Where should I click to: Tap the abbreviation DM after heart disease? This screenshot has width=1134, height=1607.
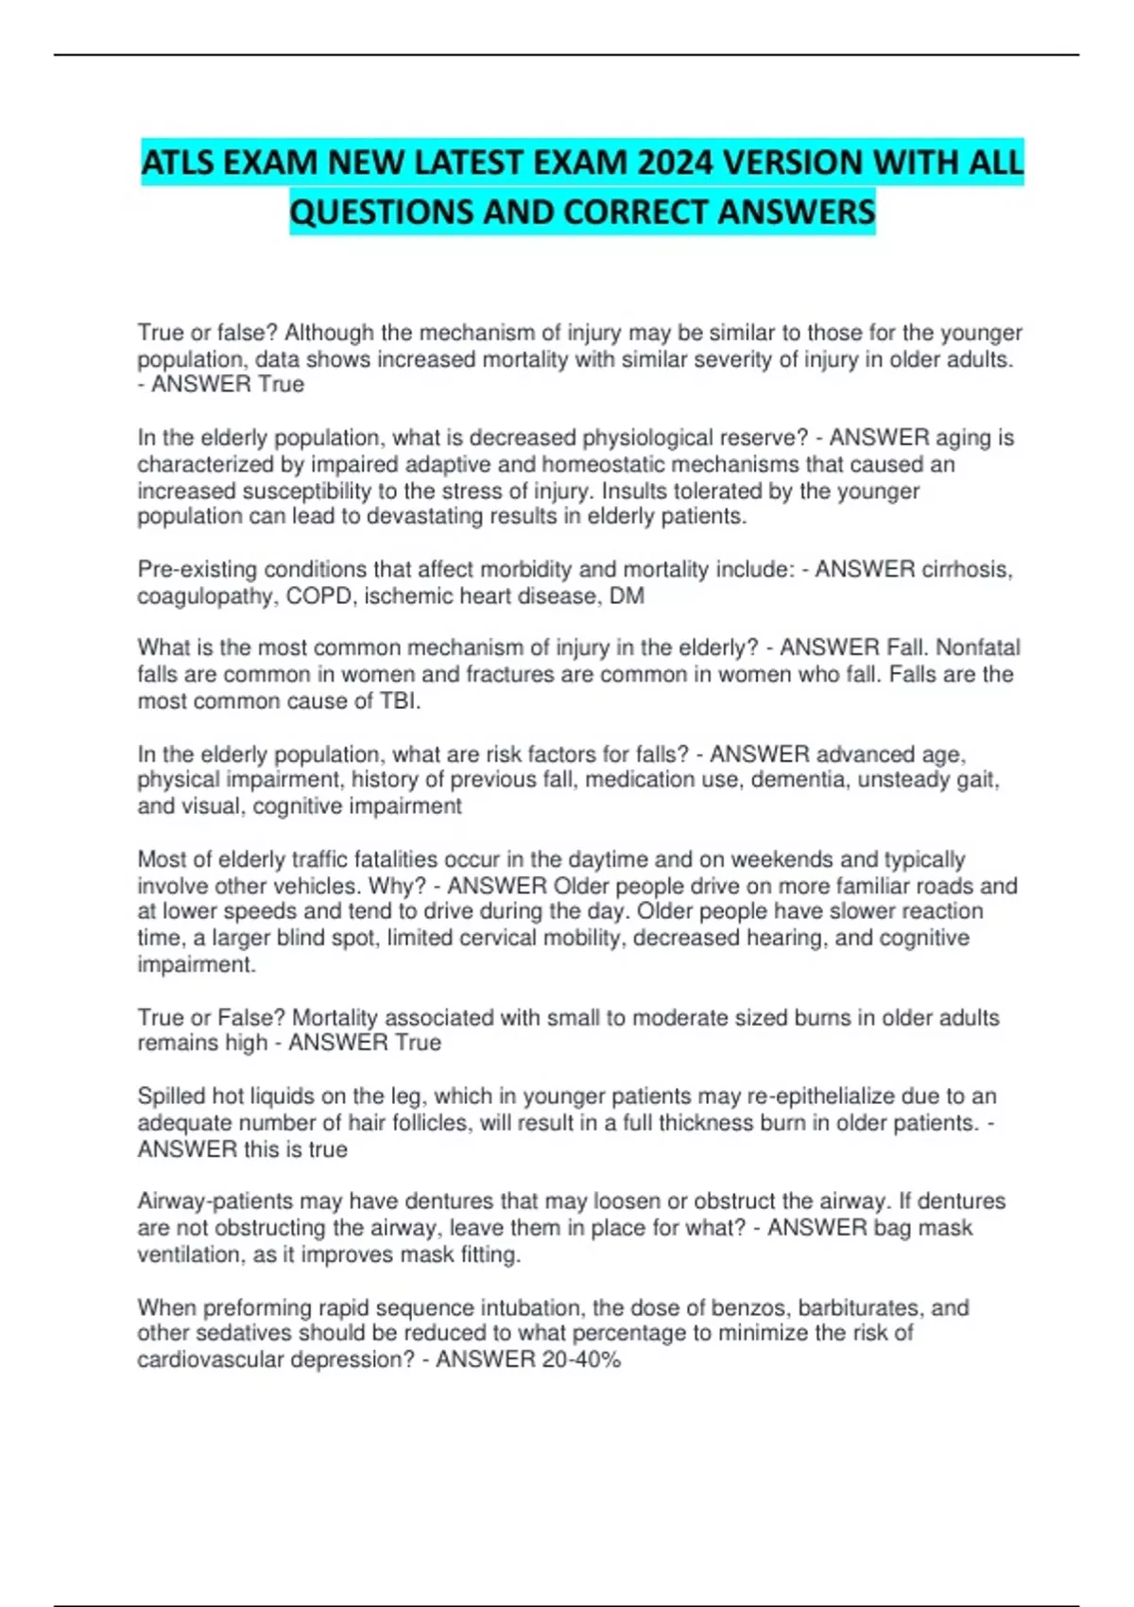627,596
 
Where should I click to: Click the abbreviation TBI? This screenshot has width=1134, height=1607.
400,701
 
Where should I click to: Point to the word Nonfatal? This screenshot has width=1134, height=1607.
972,648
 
